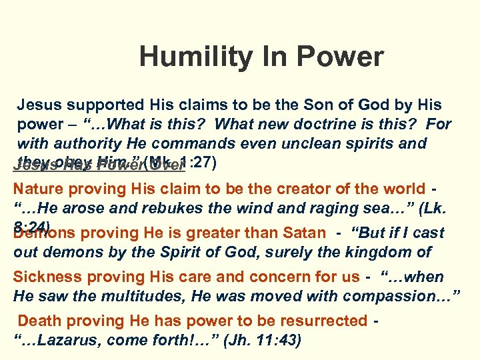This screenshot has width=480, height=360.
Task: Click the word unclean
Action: (x=309, y=143)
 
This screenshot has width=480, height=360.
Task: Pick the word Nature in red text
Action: (x=40, y=188)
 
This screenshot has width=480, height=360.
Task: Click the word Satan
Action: (x=303, y=232)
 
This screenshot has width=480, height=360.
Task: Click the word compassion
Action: (x=405, y=296)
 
